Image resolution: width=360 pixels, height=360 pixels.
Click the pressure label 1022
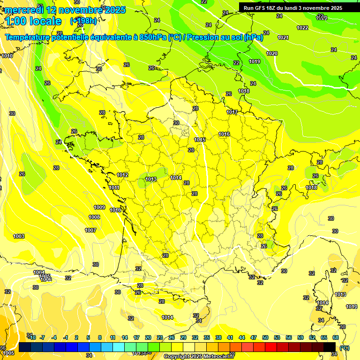pos(302,28)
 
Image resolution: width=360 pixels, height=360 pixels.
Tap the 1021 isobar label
pos(283,37)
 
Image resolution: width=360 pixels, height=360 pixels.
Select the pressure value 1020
pos(272,53)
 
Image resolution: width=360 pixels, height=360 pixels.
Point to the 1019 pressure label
pos(255,61)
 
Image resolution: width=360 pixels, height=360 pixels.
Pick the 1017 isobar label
pos(232,112)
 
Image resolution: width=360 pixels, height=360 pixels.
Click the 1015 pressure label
pos(200,140)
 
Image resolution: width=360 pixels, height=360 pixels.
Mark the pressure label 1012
pos(123,175)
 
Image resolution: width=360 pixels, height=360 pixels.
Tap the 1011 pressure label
pos(114,187)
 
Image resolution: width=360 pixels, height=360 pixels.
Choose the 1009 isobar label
pos(99,207)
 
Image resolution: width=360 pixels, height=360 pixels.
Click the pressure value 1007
pos(90,230)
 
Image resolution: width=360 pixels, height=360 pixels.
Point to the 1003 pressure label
pos(19,236)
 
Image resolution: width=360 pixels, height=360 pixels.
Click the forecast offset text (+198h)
pos(83,21)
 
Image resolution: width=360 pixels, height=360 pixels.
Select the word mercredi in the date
pos(24,10)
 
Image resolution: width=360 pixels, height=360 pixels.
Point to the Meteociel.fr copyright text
pos(199,357)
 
